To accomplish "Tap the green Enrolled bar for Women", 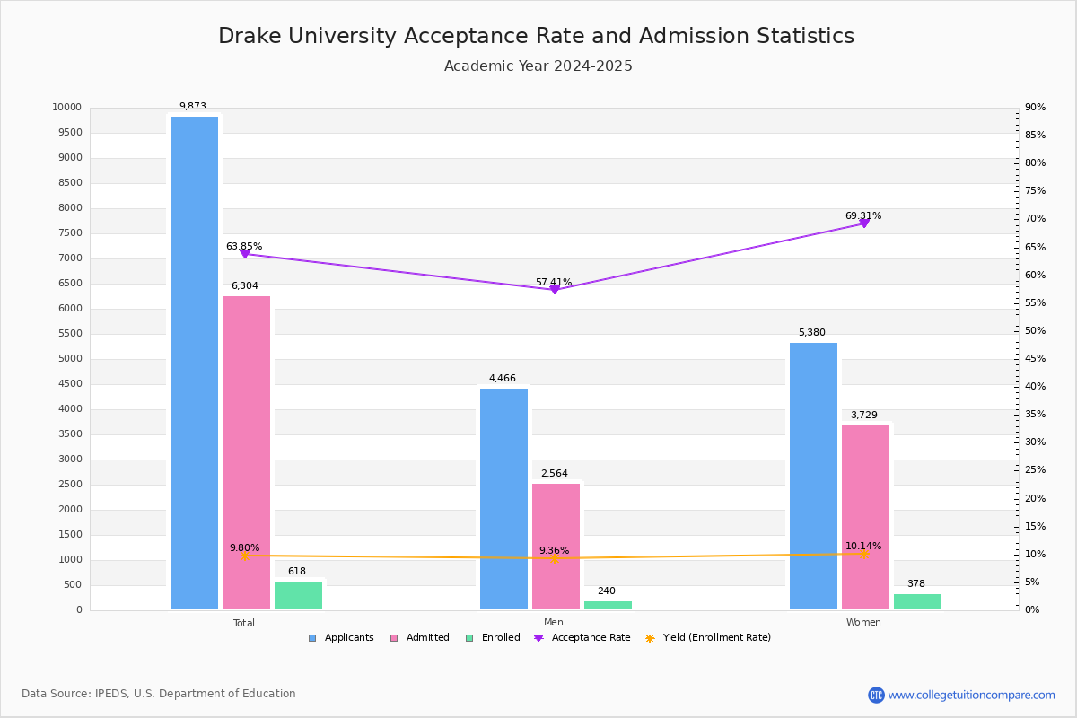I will tap(917, 601).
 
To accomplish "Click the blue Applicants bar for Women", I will tap(813, 476).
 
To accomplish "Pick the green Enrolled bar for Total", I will tap(298, 595).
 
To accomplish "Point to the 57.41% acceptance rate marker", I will tap(555, 289).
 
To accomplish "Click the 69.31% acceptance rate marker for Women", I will tap(864, 223).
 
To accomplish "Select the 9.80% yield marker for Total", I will tap(245, 556).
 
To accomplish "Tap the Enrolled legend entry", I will tap(493, 638).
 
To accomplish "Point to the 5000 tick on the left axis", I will tap(71, 359).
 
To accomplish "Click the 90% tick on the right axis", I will tap(1035, 108).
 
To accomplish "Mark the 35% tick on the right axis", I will tap(1035, 415).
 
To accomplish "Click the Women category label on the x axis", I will tap(863, 623).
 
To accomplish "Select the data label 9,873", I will tap(193, 107).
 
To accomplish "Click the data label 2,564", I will tap(555, 474).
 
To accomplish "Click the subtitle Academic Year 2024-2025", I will tap(538, 66).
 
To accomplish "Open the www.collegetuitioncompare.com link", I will tap(971, 695).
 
